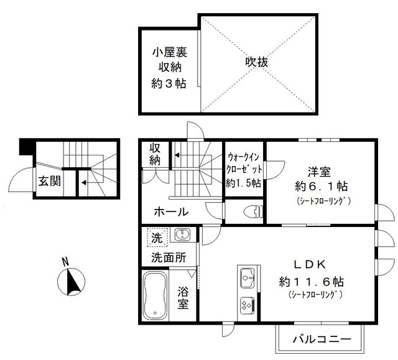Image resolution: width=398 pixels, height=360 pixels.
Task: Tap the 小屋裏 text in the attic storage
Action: [170, 52]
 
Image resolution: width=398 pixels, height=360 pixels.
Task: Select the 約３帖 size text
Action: [170, 85]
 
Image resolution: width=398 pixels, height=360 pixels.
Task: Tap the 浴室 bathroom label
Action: [183, 297]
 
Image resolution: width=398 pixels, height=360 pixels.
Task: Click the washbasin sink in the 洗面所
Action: [182, 234]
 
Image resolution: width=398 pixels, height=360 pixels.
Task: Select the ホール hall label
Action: [171, 212]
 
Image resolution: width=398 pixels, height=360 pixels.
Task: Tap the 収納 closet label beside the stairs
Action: [155, 155]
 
